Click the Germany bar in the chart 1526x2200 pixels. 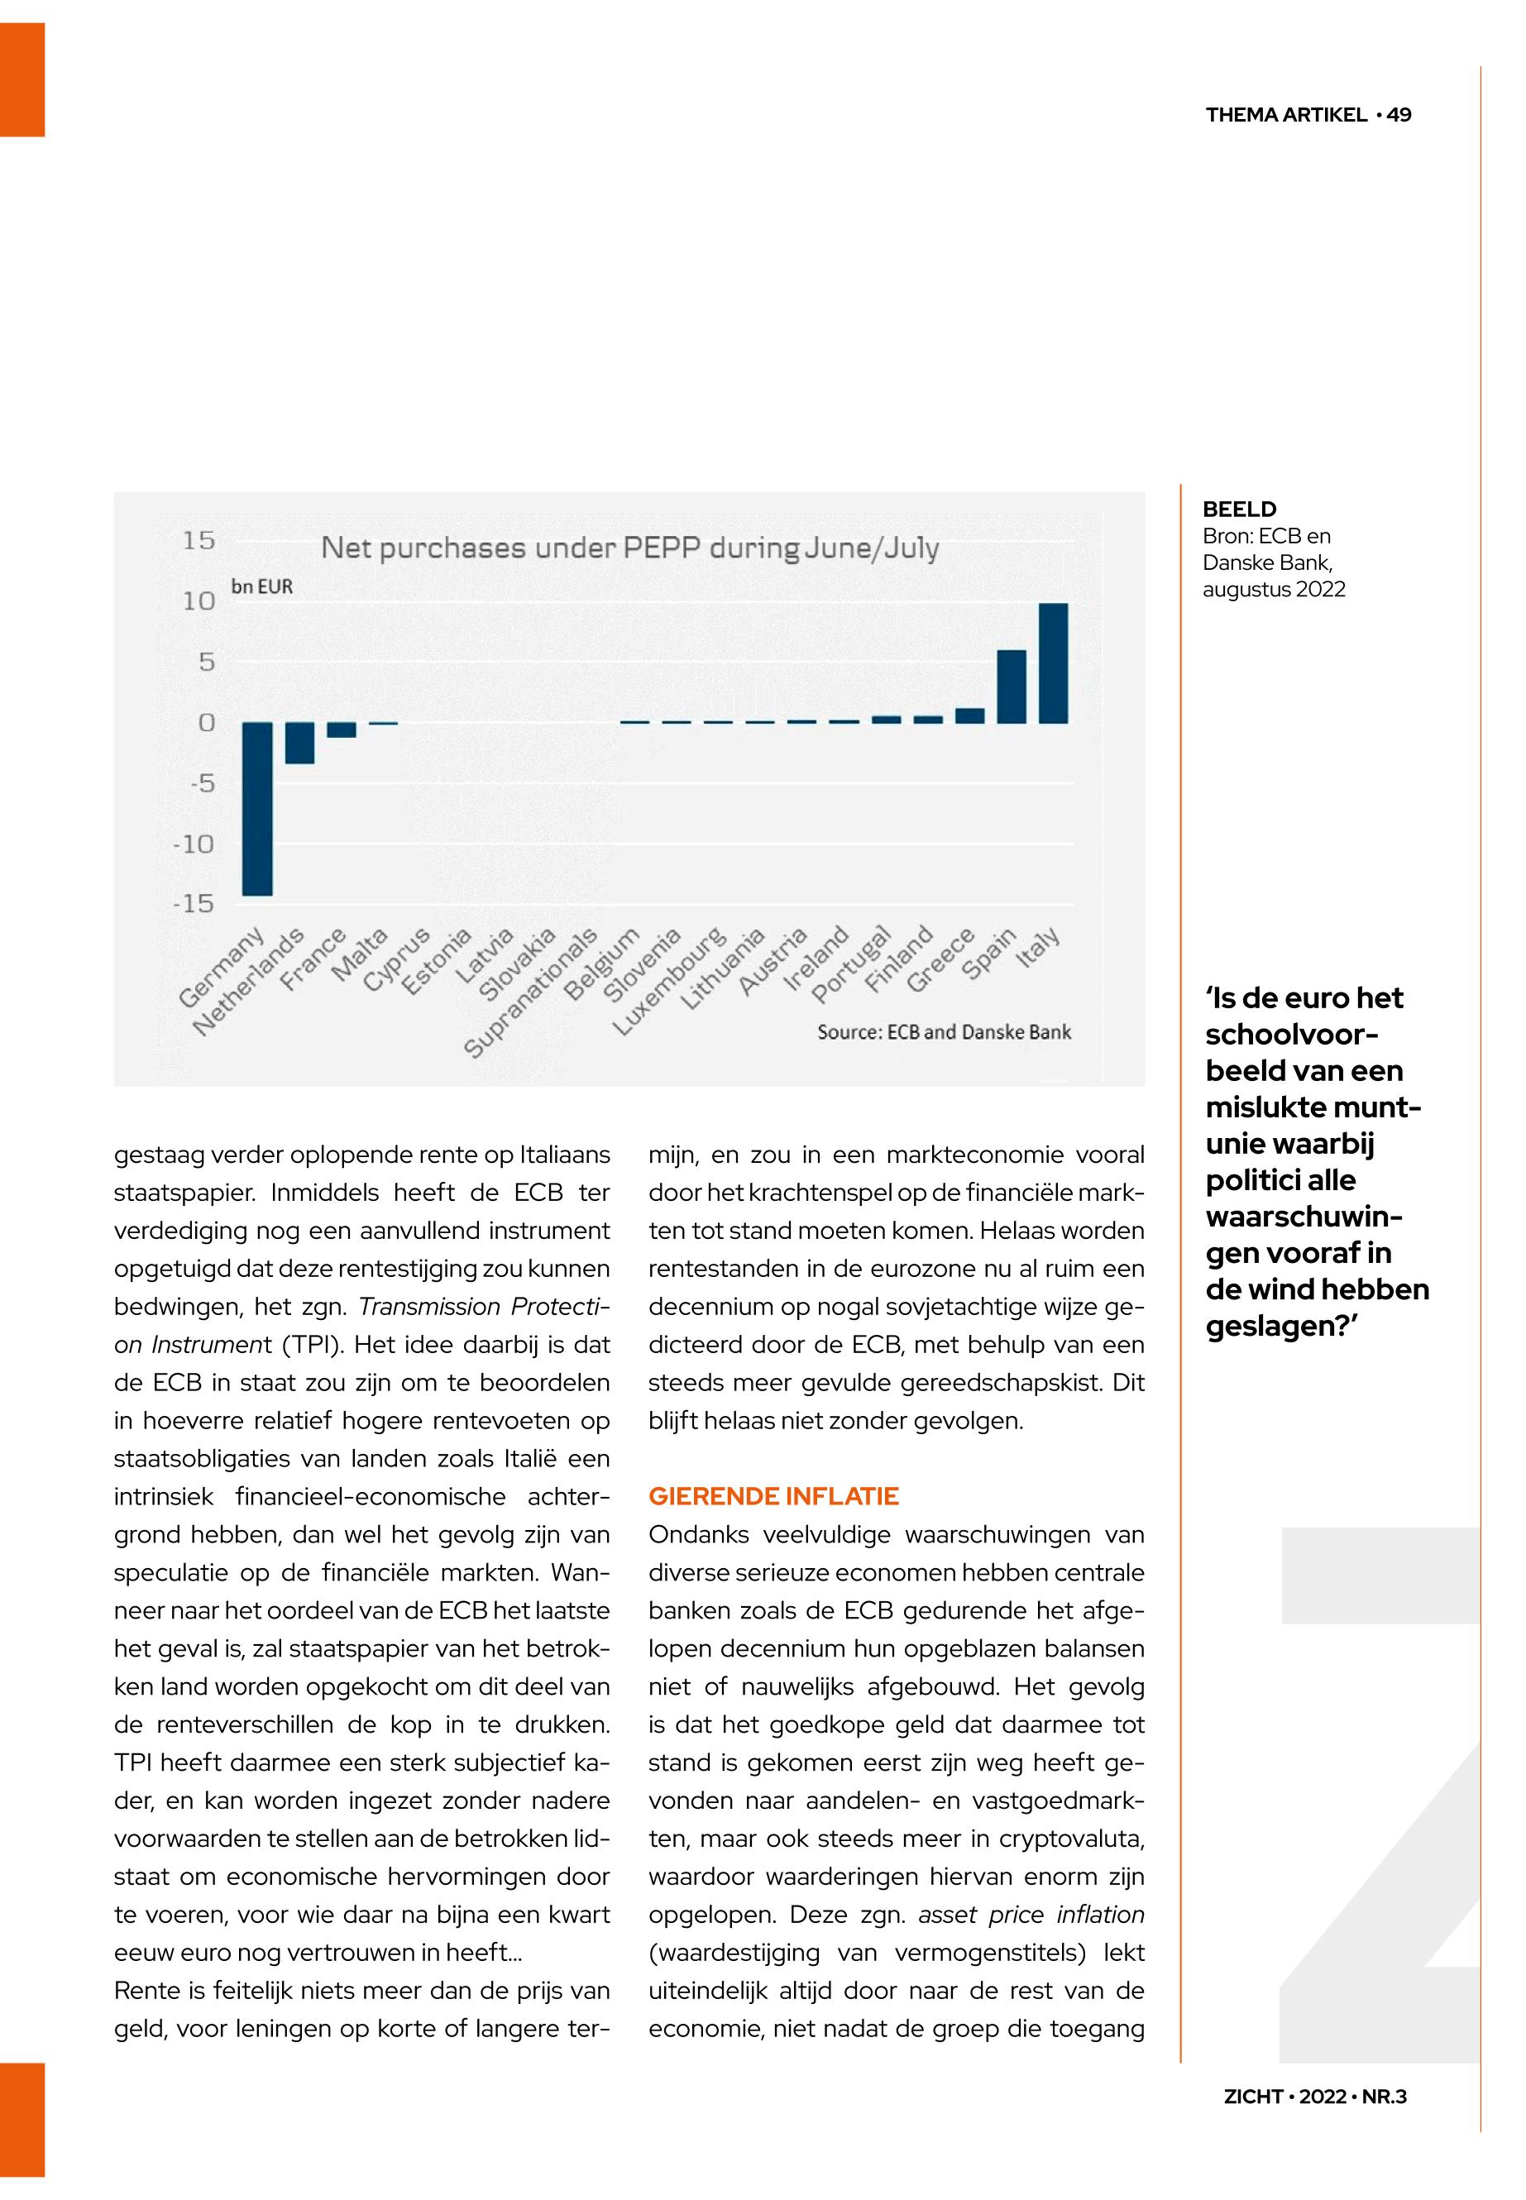(x=256, y=808)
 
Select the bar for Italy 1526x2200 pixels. (x=1053, y=662)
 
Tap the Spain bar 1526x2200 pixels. (x=1011, y=686)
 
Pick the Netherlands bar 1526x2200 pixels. (x=299, y=743)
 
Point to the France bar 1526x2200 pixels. (x=342, y=729)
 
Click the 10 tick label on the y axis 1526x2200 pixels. (x=199, y=601)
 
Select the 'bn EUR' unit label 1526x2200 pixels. (x=261, y=587)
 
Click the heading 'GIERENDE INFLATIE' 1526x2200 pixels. (x=773, y=1496)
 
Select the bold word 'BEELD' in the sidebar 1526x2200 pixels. (x=1239, y=509)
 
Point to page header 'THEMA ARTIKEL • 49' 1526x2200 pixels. (x=1308, y=115)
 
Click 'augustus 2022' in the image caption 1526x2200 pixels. (x=1274, y=589)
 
